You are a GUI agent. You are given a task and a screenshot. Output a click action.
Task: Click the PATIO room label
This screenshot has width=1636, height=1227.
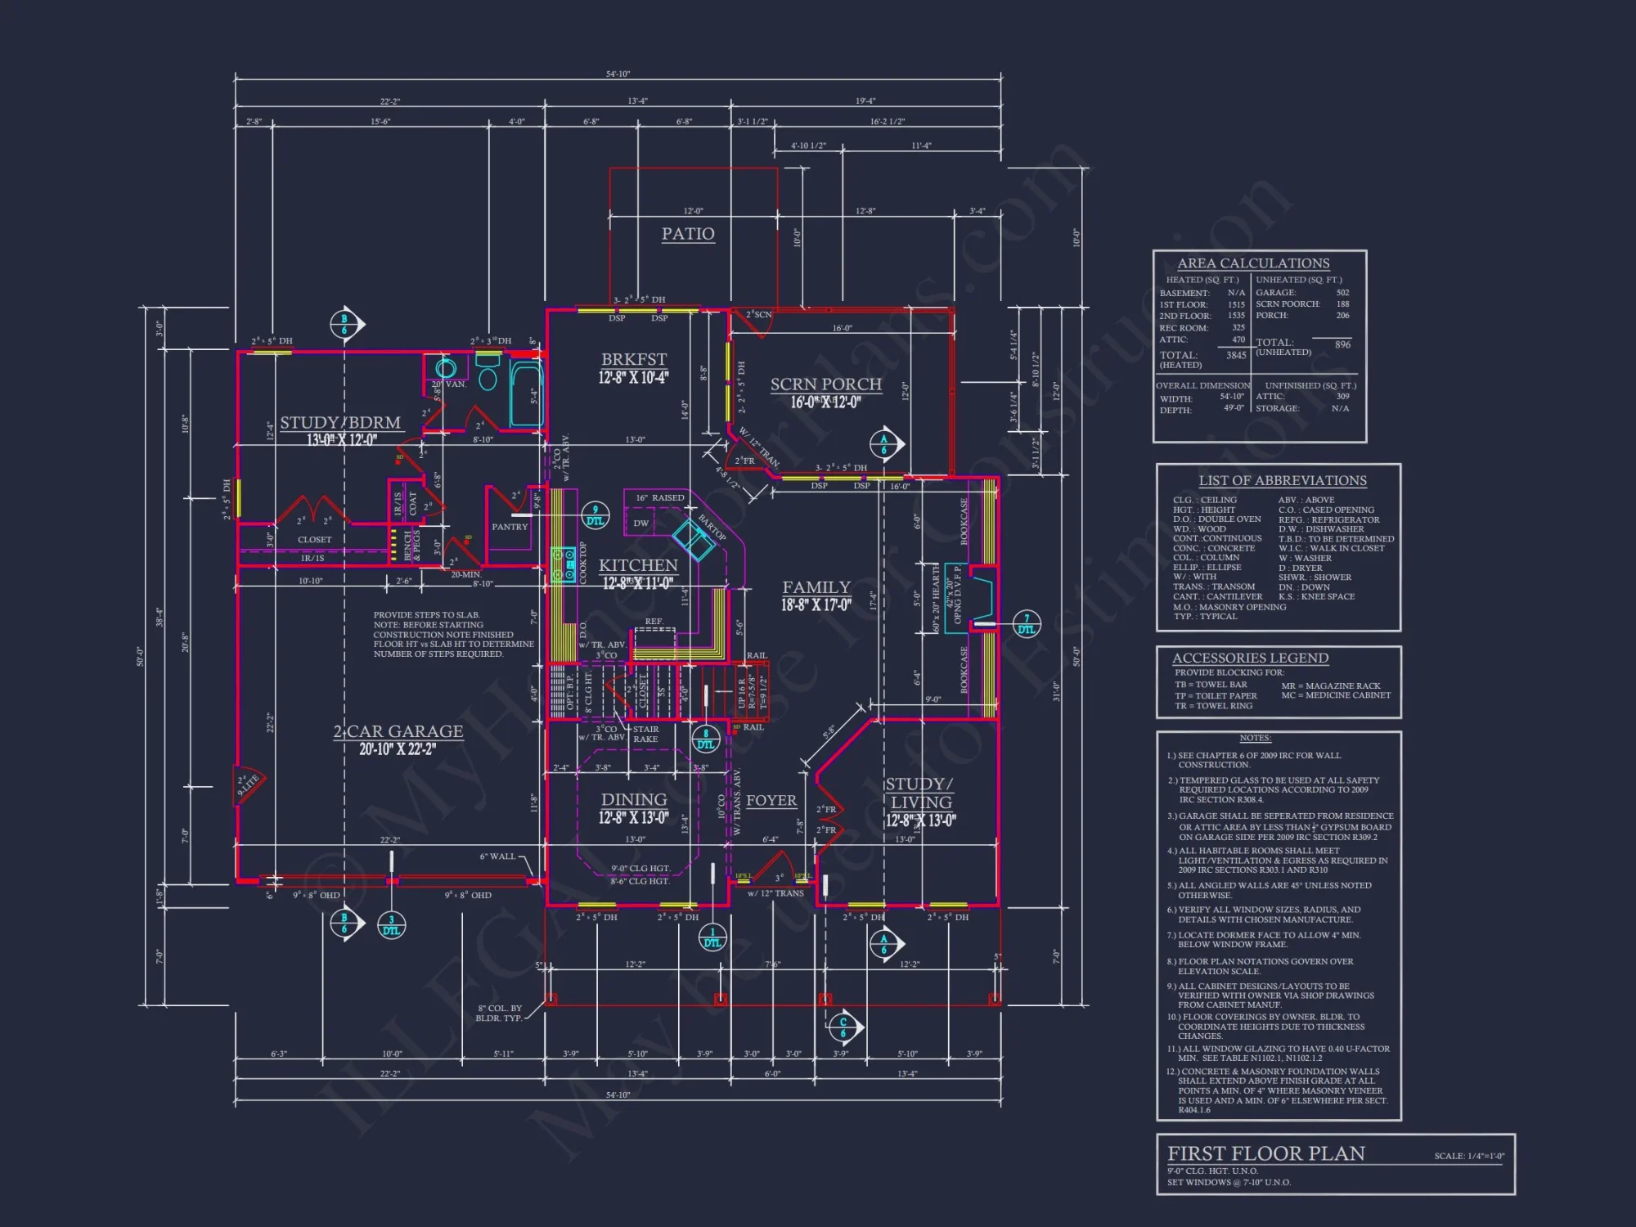(688, 234)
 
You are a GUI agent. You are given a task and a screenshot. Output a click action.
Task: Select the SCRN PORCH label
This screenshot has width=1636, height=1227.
(825, 384)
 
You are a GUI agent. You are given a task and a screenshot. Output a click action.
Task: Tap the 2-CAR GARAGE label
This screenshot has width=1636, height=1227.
(398, 731)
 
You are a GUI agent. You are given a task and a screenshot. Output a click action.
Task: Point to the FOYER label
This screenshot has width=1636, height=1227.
(771, 801)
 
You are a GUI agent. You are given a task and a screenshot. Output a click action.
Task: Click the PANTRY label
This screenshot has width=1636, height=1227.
(510, 527)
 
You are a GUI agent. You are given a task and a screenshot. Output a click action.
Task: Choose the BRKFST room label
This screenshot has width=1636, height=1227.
(634, 360)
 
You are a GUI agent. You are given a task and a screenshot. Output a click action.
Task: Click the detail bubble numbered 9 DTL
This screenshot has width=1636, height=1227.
(596, 515)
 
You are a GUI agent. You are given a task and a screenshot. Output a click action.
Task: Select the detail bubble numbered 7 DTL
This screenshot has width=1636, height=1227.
(1027, 624)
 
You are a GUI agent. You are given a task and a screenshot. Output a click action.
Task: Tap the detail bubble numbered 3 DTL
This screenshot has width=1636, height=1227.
(392, 925)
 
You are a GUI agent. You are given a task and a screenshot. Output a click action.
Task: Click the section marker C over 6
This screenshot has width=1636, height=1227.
(843, 1027)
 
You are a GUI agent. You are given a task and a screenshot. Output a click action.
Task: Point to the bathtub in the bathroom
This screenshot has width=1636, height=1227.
(527, 395)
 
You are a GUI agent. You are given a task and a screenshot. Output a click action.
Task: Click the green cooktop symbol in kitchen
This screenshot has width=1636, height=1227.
(562, 564)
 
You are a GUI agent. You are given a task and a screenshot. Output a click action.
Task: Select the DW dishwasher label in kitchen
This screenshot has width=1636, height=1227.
(640, 524)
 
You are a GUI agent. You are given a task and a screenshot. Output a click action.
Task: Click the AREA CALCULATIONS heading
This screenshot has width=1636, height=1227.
(1253, 263)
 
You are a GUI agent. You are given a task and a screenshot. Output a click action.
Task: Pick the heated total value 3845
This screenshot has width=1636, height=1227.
(1236, 355)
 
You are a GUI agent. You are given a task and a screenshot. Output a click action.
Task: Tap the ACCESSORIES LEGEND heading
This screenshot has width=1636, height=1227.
(1250, 658)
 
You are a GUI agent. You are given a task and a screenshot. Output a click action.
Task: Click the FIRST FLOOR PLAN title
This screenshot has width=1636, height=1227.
(1265, 1153)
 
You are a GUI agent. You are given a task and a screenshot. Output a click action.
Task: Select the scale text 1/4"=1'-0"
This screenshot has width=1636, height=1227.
(1469, 1156)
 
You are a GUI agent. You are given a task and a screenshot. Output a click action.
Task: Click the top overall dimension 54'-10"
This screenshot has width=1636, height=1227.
(618, 74)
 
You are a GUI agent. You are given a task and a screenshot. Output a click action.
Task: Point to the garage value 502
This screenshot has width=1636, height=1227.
(1342, 293)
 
